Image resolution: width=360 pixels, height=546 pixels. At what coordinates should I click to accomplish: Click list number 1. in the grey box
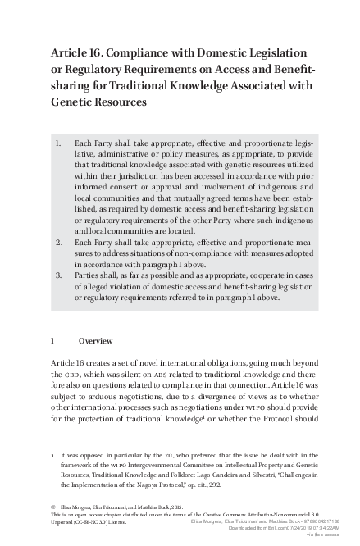(x=58, y=142)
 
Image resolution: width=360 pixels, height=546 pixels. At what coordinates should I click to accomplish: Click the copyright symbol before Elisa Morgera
(x=53, y=508)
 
